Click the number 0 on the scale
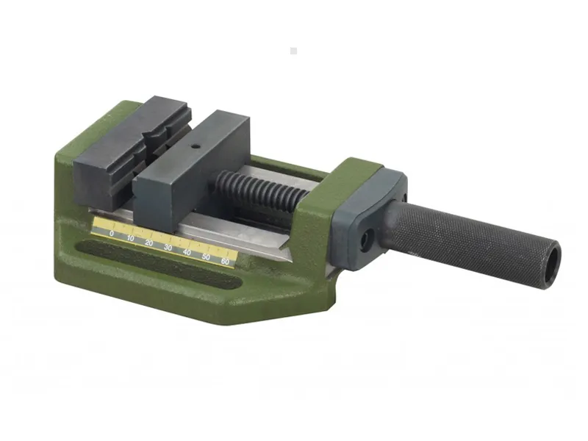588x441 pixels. (112, 233)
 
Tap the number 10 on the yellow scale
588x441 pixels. (131, 238)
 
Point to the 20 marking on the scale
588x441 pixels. (149, 243)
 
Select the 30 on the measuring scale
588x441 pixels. (168, 248)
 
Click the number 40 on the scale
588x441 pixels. (187, 252)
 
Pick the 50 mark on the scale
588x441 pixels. (206, 257)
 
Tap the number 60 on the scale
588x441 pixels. (225, 262)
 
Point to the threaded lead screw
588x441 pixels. (262, 190)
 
